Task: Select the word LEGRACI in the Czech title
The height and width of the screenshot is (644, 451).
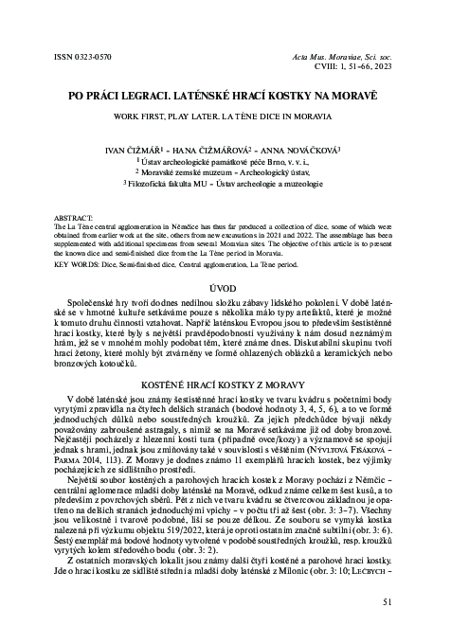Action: [177, 97]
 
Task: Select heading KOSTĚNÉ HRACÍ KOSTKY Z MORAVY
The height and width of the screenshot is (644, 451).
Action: [225, 388]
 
